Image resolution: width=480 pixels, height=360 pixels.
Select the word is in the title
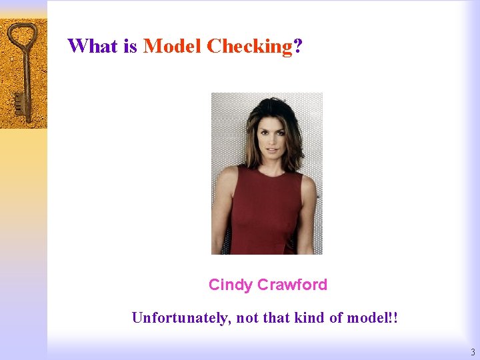[x=129, y=46]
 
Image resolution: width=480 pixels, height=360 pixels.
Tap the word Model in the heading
[x=172, y=46]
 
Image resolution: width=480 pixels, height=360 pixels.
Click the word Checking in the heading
[x=249, y=47]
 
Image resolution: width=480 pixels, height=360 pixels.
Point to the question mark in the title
[x=298, y=46]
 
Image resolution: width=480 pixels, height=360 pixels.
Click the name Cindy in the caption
[x=230, y=285]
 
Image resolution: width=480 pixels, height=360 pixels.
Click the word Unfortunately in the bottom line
[x=179, y=318]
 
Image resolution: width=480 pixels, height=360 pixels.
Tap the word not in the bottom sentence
[x=247, y=318]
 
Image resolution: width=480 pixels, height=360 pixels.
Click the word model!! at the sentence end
[x=373, y=317]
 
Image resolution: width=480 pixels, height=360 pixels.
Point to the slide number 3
[x=473, y=352]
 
